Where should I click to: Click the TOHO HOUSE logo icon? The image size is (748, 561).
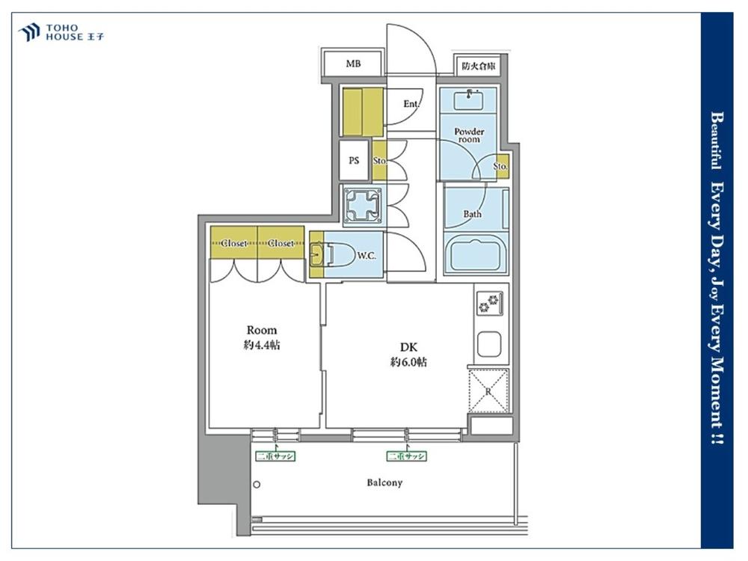pos(28,32)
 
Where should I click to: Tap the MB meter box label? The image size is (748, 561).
pos(354,63)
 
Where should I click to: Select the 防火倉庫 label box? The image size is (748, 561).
pos(479,66)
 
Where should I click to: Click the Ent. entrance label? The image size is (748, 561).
pos(411,103)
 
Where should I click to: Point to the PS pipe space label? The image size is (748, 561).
pos(354,160)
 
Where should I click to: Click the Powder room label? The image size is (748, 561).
pos(469,135)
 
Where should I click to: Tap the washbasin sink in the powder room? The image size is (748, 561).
pos(468,99)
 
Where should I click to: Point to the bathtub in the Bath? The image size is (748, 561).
pos(476,255)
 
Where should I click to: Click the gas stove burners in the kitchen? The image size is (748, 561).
pos(489,304)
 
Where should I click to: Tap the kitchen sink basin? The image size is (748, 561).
pos(489,344)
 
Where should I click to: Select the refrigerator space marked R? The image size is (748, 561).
pos(488,390)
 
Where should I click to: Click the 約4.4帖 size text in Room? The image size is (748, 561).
pos(261,345)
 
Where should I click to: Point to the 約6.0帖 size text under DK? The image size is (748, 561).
pos(408,362)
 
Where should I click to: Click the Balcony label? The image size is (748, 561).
pos(384,482)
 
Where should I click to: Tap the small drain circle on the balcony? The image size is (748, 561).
pos(257,485)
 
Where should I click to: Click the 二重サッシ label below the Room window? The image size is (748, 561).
pos(275,456)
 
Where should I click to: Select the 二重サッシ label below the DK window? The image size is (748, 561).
pos(406,456)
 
